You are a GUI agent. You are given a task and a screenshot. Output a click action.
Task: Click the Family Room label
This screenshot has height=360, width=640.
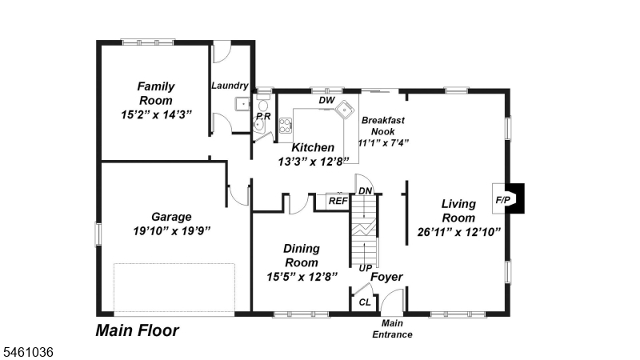pyautogui.click(x=156, y=94)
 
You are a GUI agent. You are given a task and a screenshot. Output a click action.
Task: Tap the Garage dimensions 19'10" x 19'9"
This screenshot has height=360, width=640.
pyautogui.click(x=172, y=231)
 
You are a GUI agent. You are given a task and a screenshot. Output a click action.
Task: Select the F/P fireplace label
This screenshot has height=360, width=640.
pyautogui.click(x=503, y=200)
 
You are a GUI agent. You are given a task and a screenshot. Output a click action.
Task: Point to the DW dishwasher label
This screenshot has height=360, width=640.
pyautogui.click(x=326, y=101)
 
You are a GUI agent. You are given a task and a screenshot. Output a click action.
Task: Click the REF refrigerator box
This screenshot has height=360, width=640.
pyautogui.click(x=338, y=202)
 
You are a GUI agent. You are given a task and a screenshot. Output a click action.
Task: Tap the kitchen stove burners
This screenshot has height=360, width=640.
pyautogui.click(x=286, y=126)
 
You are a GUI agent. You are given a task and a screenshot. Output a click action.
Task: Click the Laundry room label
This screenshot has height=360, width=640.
pyautogui.click(x=230, y=86)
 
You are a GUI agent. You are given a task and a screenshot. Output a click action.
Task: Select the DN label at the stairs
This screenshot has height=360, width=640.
pyautogui.click(x=366, y=191)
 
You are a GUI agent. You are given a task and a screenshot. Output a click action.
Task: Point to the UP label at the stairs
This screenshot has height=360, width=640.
pyautogui.click(x=366, y=268)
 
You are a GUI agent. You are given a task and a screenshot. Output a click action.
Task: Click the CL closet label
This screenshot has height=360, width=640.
pyautogui.click(x=365, y=302)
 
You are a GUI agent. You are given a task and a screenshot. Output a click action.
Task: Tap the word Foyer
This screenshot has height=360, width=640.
pyautogui.click(x=386, y=277)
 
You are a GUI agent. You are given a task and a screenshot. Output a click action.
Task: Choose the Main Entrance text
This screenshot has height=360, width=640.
pyautogui.click(x=392, y=329)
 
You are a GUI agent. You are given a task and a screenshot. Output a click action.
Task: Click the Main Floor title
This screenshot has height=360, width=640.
pyautogui.click(x=137, y=330)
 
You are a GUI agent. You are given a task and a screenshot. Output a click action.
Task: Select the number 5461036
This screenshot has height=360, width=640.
pyautogui.click(x=28, y=352)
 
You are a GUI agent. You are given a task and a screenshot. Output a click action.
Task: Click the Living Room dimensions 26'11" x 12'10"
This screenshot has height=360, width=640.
pyautogui.click(x=458, y=232)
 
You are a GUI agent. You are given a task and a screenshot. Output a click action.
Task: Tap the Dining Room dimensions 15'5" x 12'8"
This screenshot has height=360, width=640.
pyautogui.click(x=302, y=277)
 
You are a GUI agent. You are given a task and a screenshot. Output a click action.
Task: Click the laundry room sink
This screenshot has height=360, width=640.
pyautogui.click(x=242, y=104)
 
